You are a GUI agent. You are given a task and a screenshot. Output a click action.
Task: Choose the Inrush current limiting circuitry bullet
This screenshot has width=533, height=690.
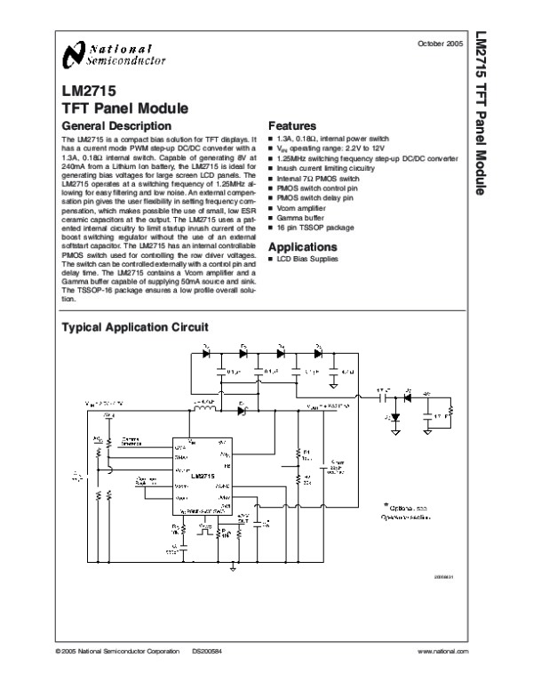click(x=325, y=167)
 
